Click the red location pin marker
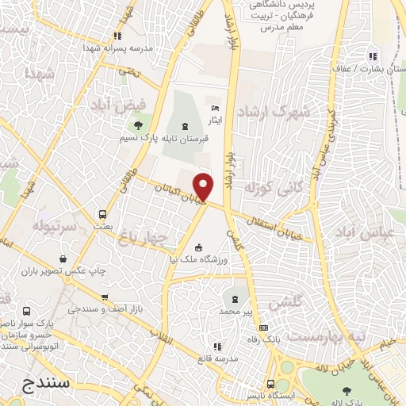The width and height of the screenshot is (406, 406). tap(204, 186)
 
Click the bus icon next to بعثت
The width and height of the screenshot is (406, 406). tap(102, 214)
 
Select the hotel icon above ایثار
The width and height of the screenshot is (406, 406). tap(213, 108)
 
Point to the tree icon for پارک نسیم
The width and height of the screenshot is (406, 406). tap(140, 124)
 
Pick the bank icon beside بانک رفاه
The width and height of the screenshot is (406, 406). tap(264, 328)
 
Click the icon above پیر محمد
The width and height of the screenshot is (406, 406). tap(234, 299)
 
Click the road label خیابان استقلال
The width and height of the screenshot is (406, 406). tap(270, 224)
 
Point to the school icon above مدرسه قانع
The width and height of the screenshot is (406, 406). tap(217, 347)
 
